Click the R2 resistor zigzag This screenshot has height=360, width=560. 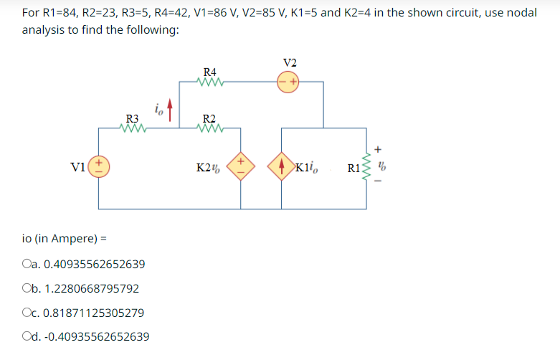(x=210, y=129)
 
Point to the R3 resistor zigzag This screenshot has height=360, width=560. (x=133, y=129)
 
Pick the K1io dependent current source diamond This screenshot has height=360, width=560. (x=282, y=168)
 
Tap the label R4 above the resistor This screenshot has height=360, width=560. (x=210, y=71)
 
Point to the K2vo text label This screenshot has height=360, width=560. (x=208, y=169)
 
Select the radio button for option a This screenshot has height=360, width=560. (x=27, y=265)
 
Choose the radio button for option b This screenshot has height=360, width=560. (x=27, y=289)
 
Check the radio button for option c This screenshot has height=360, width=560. (x=27, y=313)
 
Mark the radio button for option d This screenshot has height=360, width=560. (x=27, y=337)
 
